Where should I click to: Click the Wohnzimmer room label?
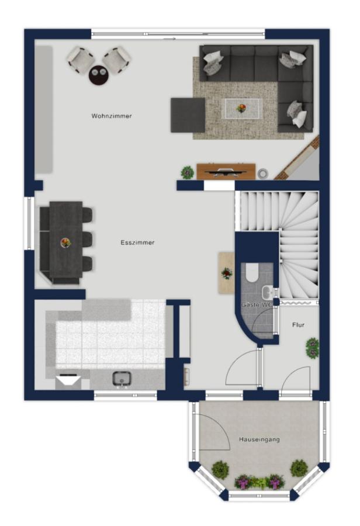coord(112,116)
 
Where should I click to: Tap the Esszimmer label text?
coord(137,243)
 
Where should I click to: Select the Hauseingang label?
coord(259,440)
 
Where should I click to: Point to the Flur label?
coord(298,325)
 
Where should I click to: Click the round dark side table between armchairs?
coord(99,75)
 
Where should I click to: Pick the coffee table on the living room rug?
coord(242,108)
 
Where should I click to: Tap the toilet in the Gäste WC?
coord(252,272)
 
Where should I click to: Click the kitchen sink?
coord(122,379)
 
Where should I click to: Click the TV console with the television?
coord(226,171)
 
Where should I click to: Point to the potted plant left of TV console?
coord(188,172)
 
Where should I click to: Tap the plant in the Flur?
coord(313,348)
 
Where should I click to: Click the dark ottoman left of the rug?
coord(188,115)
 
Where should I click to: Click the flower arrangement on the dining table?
coord(66,242)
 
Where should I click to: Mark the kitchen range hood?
coord(68,382)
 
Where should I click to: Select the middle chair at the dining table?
coord(88,239)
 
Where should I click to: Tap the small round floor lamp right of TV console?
coord(263,174)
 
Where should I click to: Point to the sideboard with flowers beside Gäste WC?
coord(227,273)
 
